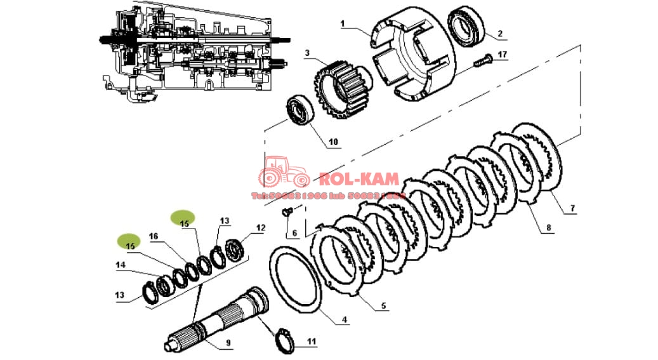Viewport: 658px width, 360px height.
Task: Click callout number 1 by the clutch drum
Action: click(x=342, y=24)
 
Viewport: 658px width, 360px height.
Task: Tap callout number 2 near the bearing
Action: click(x=499, y=33)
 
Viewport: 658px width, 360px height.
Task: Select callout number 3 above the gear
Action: click(x=306, y=53)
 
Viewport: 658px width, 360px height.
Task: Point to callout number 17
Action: click(x=502, y=55)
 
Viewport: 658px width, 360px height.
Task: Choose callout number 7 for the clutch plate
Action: click(x=573, y=208)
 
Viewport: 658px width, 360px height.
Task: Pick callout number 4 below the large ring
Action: click(x=345, y=321)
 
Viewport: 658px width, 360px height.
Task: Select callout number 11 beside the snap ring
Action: click(x=311, y=342)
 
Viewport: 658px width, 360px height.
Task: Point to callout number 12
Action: click(x=260, y=227)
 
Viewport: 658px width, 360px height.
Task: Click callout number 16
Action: click(x=153, y=236)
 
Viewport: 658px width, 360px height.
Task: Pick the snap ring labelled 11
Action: click(x=284, y=343)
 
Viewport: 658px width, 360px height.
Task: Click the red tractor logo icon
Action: click(x=282, y=172)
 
